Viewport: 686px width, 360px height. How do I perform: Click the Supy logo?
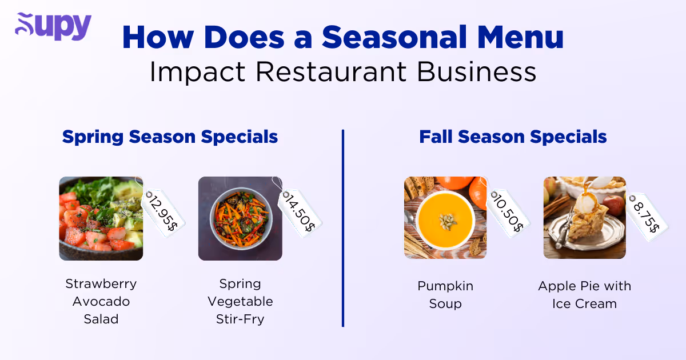coord(53,26)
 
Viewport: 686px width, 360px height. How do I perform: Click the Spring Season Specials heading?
coord(170,137)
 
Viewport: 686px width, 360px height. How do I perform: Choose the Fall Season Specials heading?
coord(513,137)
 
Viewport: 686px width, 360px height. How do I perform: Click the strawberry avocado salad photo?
coord(101,218)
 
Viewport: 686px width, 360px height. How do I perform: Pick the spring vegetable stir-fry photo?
coord(240,218)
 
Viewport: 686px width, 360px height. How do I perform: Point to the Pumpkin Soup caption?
coord(445,294)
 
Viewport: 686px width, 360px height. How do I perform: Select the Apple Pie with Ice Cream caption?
coord(584,294)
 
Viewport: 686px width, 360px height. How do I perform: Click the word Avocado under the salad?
coord(101,301)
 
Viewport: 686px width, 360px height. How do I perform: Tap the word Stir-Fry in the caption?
coord(240,319)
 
